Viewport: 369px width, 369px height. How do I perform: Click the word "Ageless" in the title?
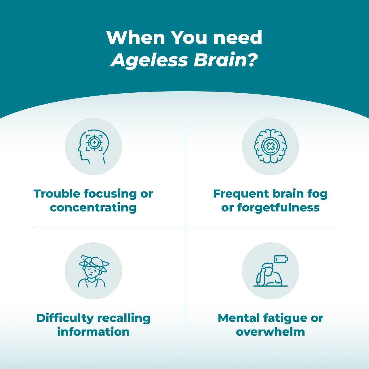tap(149, 60)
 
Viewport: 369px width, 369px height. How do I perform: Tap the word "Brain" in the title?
tap(220, 60)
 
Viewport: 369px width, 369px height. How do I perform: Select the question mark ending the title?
tap(252, 60)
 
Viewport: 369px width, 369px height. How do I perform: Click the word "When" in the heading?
tap(136, 37)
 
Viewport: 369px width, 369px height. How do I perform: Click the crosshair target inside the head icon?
tap(94, 142)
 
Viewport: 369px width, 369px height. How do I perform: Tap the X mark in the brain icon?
tap(270, 147)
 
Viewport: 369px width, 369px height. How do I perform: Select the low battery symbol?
tap(281, 259)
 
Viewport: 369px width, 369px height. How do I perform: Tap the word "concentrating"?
tap(93, 208)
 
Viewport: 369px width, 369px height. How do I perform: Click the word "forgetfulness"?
tap(278, 208)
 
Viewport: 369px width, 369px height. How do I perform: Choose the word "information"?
tap(93, 332)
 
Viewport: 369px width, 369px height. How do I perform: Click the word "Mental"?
tap(239, 318)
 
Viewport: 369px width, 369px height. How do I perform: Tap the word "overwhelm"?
tap(270, 332)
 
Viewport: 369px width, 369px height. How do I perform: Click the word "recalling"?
tap(124, 318)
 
